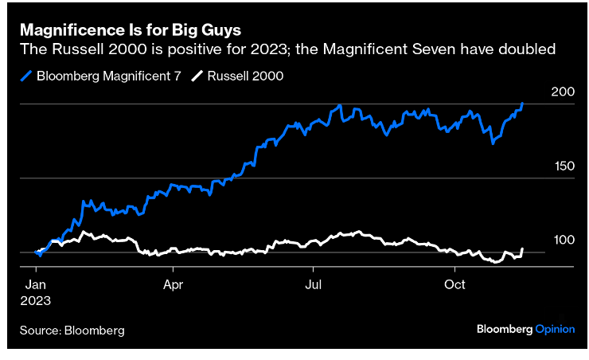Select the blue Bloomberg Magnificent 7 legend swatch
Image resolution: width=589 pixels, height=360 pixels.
[26, 76]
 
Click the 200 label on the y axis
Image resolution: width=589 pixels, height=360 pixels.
[562, 92]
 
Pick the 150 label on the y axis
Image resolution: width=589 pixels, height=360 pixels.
[562, 166]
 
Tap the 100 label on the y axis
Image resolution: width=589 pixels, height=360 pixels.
[562, 241]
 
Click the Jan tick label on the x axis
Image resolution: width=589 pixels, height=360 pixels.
[36, 284]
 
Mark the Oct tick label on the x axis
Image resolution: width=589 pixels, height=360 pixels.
[454, 284]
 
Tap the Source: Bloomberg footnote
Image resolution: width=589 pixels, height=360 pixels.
[72, 330]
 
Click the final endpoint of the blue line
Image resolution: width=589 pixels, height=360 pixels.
[522, 104]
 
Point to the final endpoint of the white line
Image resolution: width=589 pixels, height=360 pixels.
[522, 249]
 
